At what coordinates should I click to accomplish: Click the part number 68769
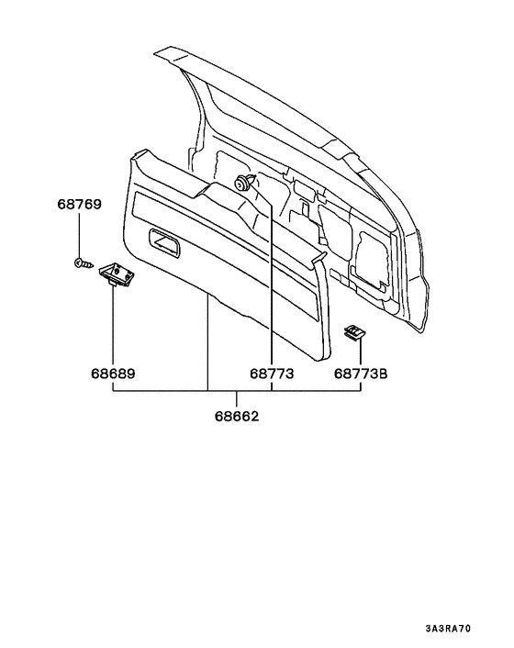pyautogui.click(x=79, y=204)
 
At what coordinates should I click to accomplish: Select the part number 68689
pyautogui.click(x=113, y=374)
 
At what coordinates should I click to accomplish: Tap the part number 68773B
pyautogui.click(x=361, y=374)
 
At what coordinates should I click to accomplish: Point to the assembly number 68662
pyautogui.click(x=236, y=416)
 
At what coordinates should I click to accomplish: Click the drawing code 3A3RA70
pyautogui.click(x=448, y=629)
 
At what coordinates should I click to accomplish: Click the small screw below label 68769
pyautogui.click(x=83, y=263)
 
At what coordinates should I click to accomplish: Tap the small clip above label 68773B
pyautogui.click(x=354, y=332)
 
